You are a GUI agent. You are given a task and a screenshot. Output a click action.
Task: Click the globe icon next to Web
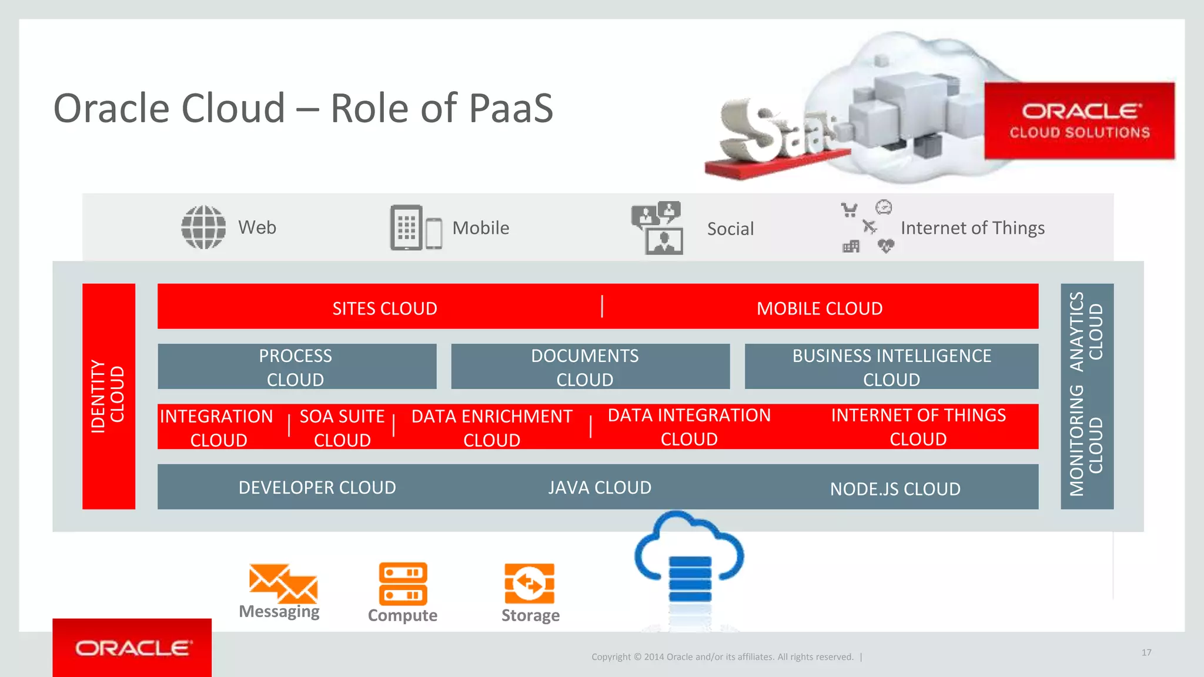(203, 227)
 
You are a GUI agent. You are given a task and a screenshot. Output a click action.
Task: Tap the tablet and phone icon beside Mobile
(416, 227)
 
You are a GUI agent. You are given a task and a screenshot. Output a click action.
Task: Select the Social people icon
(657, 228)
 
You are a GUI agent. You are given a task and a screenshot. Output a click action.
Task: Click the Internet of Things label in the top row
(972, 228)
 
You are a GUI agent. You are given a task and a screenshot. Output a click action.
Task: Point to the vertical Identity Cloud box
(109, 396)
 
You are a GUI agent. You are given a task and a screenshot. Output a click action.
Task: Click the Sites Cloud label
(384, 309)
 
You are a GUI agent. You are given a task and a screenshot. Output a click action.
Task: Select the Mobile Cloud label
(820, 309)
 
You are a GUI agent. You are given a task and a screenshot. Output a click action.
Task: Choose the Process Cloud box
(297, 367)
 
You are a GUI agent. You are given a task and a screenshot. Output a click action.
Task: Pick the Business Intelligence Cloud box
(891, 367)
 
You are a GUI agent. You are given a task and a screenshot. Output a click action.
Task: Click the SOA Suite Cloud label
(342, 428)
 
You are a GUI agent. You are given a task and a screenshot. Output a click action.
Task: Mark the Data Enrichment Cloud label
(491, 428)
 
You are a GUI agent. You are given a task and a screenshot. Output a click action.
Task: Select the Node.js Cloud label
(895, 489)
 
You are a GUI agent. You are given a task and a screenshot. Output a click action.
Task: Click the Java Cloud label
(600, 488)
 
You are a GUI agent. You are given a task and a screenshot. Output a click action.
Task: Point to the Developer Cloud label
(317, 488)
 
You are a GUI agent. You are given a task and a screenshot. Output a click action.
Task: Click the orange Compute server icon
(403, 583)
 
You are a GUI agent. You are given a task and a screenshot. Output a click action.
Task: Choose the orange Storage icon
(530, 583)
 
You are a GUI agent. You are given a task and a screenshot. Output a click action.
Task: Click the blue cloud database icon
(689, 564)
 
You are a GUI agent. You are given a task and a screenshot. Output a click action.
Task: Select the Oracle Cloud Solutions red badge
(1079, 121)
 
